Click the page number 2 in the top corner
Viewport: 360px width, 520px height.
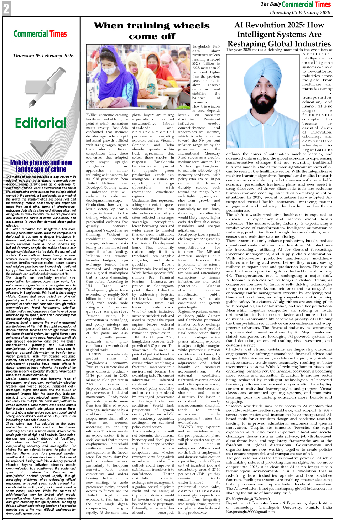(x=6, y=9)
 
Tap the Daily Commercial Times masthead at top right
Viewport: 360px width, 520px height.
(x=296, y=4)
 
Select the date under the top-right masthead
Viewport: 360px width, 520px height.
(x=299, y=12)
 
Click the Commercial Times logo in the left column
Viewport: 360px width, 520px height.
(x=40, y=34)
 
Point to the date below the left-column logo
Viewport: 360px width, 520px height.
(x=43, y=56)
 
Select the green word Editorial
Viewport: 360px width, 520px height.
(x=41, y=123)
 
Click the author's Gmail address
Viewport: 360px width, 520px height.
(x=250, y=512)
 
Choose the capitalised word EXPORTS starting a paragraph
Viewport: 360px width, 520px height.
(x=94, y=354)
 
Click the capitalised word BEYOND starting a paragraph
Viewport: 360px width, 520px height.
(x=186, y=427)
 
